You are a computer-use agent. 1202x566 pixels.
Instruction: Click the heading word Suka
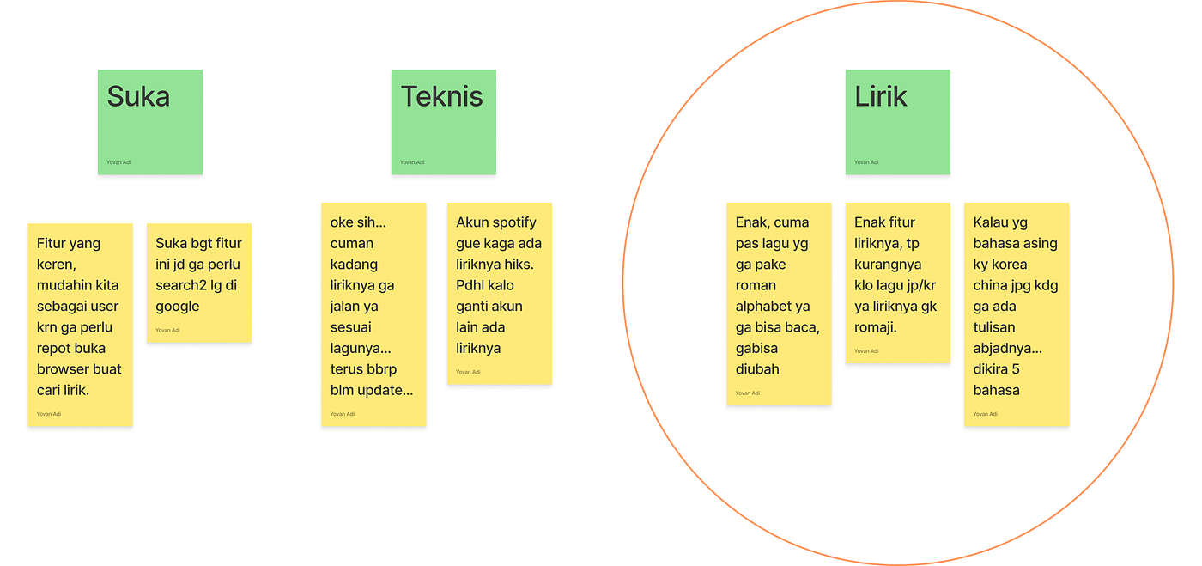coord(138,97)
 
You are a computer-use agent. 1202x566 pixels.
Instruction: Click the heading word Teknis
coord(441,97)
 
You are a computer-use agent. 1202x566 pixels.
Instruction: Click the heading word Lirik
coord(881,97)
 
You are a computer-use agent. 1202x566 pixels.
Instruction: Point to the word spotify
coord(514,222)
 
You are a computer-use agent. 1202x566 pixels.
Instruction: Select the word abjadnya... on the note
coord(1007,349)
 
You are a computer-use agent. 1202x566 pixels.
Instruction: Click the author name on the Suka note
coord(118,162)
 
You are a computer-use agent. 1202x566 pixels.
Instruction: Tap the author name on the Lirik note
coord(866,162)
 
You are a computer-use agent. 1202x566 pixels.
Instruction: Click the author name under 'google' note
coord(167,331)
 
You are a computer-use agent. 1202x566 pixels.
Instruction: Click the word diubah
coord(757,369)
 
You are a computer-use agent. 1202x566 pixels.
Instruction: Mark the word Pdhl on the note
coord(470,285)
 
